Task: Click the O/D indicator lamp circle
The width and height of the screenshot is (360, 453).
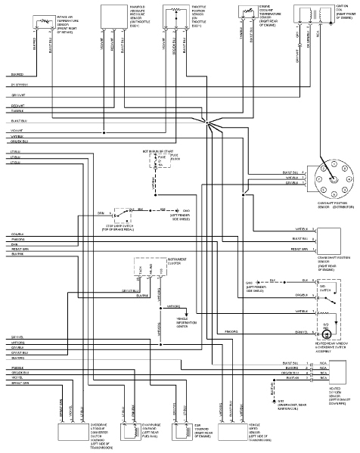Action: click(326, 333)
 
